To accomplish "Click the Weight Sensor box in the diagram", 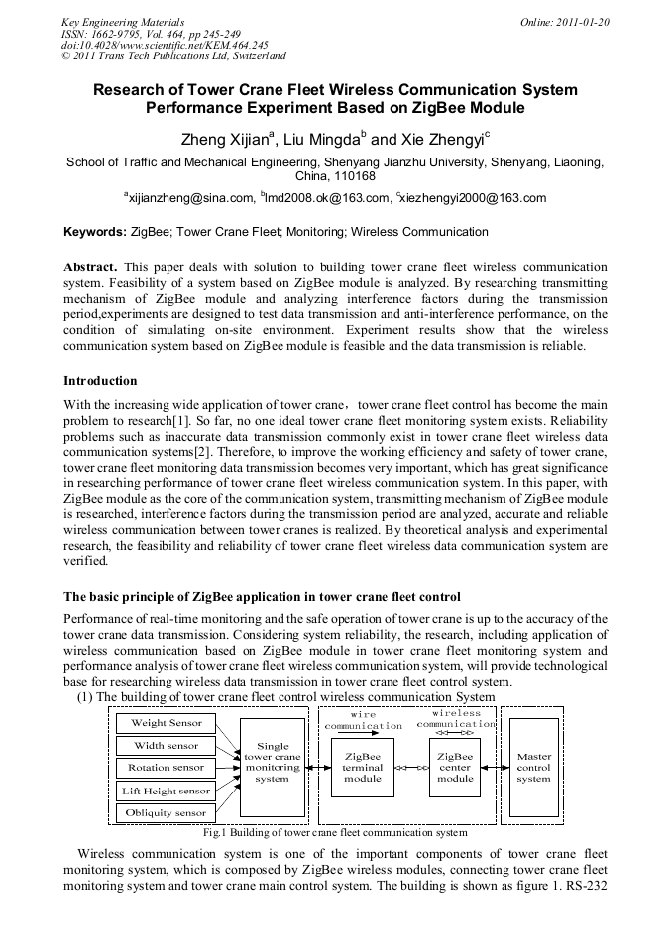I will coord(167,723).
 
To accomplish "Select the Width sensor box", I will coord(167,745).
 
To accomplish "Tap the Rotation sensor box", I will coord(167,767).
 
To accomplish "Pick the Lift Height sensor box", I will coord(167,791).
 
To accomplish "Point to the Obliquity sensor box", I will coord(167,812).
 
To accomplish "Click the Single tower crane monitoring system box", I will coord(273,762).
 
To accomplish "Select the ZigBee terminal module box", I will coord(363,767).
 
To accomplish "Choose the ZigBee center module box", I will coord(455,767).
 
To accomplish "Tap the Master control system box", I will coord(533,767).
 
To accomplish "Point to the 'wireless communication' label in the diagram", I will coord(455,718).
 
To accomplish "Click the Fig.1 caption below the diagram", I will coord(335,833).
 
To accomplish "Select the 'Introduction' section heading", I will coord(100,381).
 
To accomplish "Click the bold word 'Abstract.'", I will coord(90,267).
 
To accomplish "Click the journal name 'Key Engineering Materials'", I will coord(123,21).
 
